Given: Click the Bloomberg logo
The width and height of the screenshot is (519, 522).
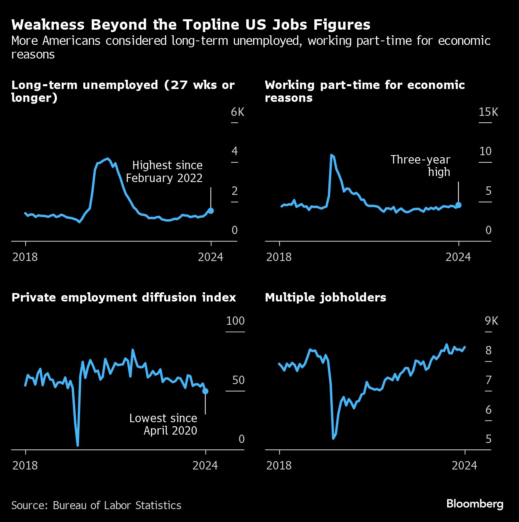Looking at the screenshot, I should click(x=475, y=504).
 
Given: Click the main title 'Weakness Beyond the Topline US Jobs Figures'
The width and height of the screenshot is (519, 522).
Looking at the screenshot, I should click(x=191, y=25).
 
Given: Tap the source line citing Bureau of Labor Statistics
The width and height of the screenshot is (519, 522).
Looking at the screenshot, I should click(x=96, y=505).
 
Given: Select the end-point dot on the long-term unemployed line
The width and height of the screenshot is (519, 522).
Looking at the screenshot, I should click(x=211, y=210).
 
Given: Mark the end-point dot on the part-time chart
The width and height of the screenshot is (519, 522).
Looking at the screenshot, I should click(x=459, y=205).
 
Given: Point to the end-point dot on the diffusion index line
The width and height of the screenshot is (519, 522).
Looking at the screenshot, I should click(x=205, y=391).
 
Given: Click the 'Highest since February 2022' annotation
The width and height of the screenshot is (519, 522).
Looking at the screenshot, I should click(x=165, y=172).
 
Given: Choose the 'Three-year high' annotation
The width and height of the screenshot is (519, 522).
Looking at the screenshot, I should click(x=420, y=166).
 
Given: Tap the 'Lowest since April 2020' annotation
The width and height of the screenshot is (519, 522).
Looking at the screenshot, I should click(x=163, y=424).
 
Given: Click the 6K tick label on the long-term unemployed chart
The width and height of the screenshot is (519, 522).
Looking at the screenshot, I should click(x=237, y=112).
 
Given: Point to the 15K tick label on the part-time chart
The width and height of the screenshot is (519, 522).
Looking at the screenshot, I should click(x=488, y=112).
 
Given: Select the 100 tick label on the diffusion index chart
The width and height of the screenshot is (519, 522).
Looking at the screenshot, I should click(x=235, y=321).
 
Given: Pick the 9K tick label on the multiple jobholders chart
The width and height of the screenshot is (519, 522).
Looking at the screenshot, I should click(x=491, y=321).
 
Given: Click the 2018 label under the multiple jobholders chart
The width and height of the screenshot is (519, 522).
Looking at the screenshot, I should click(x=279, y=465).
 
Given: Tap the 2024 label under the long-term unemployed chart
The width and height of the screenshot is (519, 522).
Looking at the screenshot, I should click(x=210, y=257).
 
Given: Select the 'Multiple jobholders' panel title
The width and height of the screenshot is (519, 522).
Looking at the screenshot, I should click(x=326, y=297).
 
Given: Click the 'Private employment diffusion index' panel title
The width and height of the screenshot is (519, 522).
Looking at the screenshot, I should click(x=124, y=297).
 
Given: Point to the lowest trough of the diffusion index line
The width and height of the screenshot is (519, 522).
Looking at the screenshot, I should click(x=77, y=445).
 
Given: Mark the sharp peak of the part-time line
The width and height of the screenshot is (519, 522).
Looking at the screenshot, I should click(x=332, y=155).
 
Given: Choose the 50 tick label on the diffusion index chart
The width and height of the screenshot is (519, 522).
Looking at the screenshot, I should click(x=238, y=380).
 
